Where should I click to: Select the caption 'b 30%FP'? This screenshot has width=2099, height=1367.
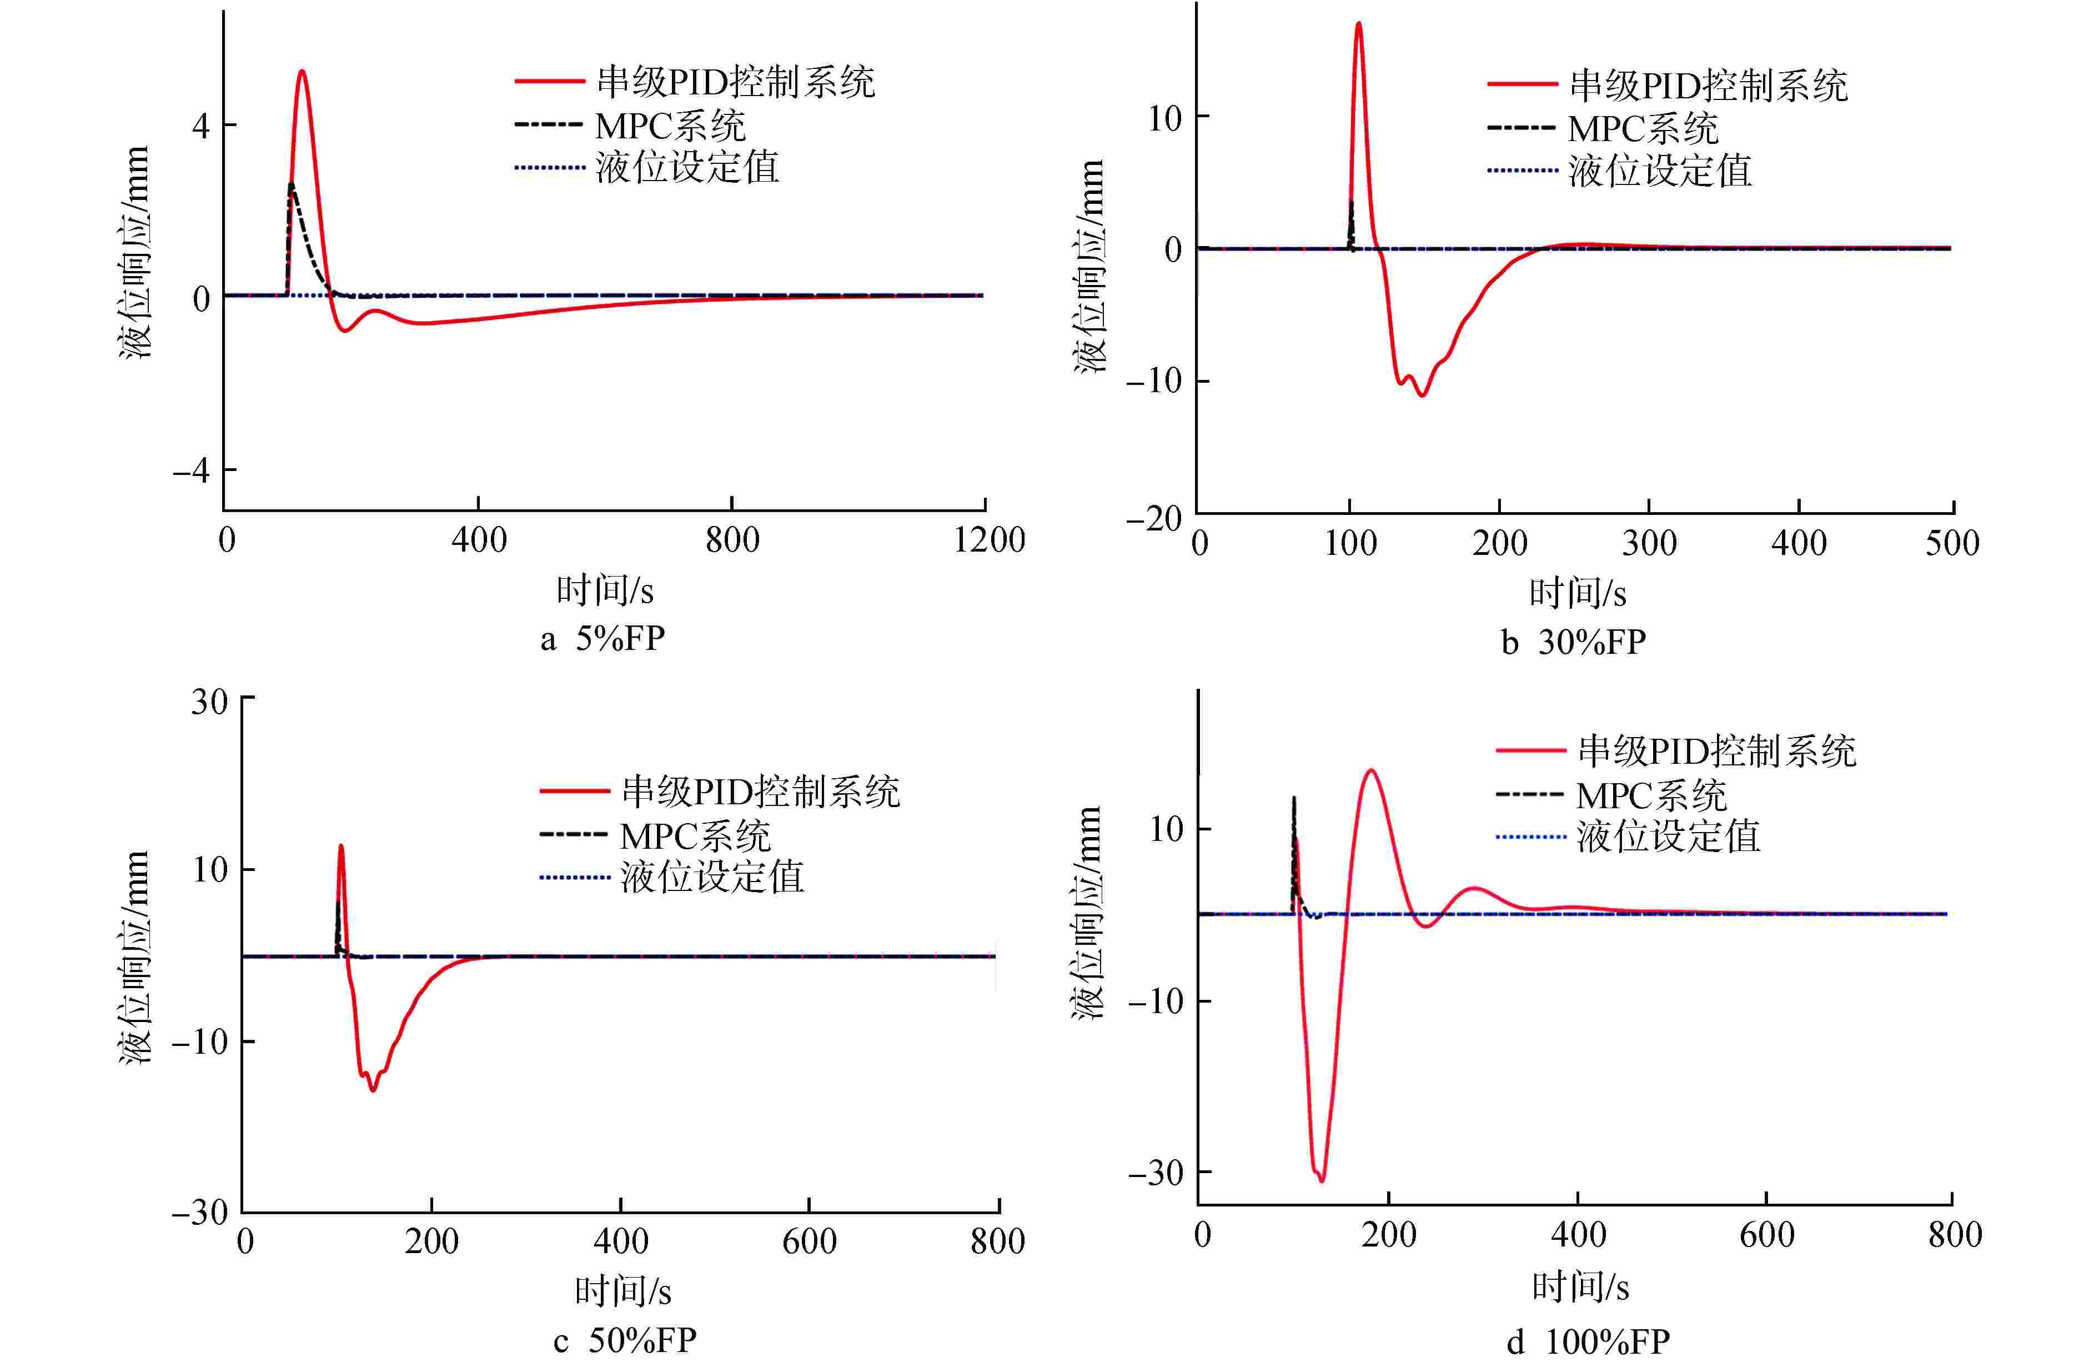click(1573, 642)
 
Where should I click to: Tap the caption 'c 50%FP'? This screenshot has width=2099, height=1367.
click(624, 1340)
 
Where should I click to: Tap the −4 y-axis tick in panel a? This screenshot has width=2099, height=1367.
click(192, 470)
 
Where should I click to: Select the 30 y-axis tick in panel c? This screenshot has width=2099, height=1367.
click(210, 702)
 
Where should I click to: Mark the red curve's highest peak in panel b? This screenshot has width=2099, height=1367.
click(1358, 24)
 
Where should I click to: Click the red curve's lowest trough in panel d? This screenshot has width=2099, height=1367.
click(1321, 1180)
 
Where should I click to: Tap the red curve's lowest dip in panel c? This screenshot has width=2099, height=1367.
click(373, 1090)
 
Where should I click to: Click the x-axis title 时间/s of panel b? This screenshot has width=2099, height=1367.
click(1578, 593)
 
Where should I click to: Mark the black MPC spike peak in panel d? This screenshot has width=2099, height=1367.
click(1294, 799)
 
